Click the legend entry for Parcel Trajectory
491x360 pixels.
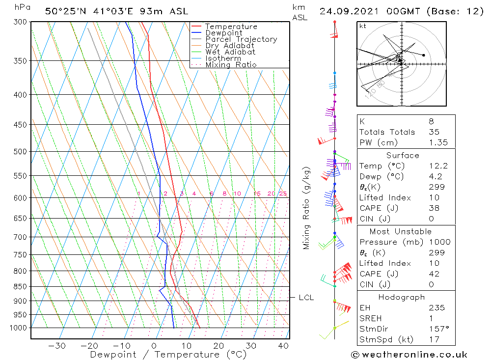(241, 39)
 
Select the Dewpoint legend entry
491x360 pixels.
(223, 33)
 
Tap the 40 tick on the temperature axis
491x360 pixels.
(283, 346)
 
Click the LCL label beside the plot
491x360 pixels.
(306, 298)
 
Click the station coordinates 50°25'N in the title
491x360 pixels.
(64, 11)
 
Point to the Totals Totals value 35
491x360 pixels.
(434, 132)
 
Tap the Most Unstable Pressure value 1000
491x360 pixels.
(438, 242)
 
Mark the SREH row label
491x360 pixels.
(371, 318)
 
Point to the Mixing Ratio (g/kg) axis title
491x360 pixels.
(307, 208)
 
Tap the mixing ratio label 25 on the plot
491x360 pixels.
(283, 194)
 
